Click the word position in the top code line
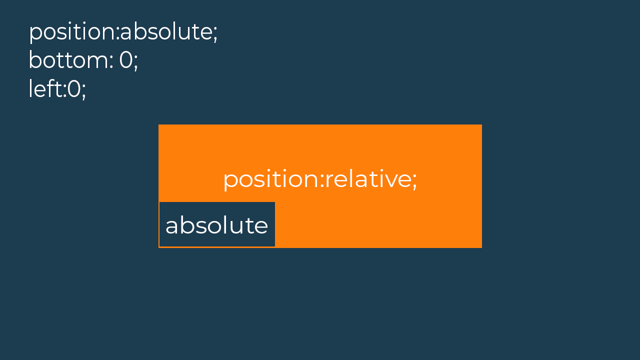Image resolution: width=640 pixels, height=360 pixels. coord(72,32)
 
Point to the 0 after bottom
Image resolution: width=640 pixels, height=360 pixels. coord(126,60)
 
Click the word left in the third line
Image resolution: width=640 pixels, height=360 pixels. coord(45,88)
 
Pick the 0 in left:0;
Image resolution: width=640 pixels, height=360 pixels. coord(74,89)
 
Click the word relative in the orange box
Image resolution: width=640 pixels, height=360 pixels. coord(367,179)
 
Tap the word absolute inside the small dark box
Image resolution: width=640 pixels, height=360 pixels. coord(216,225)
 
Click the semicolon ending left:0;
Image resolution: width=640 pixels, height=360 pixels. coord(83,91)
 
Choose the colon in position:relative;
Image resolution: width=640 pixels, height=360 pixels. coord(322,181)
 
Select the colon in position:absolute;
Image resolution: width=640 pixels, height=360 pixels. coord(117,33)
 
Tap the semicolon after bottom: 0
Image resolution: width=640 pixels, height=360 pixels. coord(135,63)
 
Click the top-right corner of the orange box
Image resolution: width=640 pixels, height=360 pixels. coord(481,124)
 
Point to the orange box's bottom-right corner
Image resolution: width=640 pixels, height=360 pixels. coord(481,247)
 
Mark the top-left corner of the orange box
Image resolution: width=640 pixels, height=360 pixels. coord(158,124)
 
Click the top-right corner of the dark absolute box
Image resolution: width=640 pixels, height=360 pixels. coord(275,202)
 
